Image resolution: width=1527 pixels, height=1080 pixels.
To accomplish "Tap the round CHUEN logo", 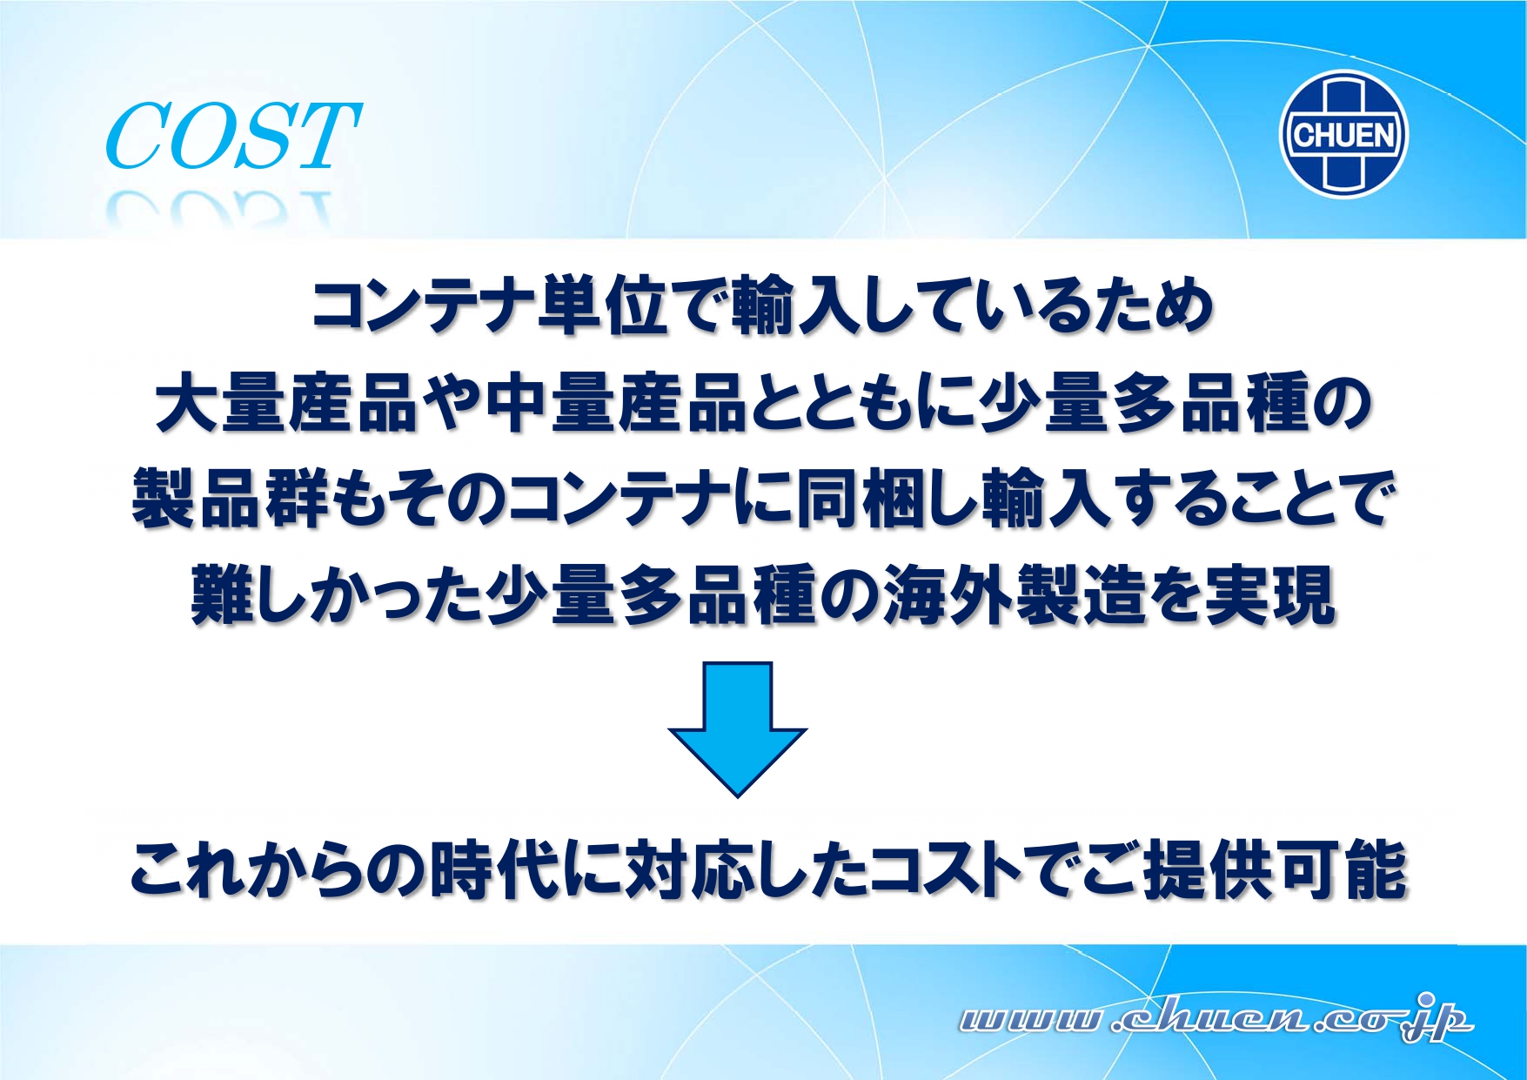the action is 1344,134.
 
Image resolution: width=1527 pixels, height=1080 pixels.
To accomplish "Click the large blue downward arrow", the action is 737,729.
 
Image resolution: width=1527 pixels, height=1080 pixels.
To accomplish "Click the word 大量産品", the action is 287,404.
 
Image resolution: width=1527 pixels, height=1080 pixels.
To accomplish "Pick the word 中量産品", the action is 616,404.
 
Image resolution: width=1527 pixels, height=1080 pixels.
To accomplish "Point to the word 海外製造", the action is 1014,595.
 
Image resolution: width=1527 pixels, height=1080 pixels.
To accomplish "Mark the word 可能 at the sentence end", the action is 1343,869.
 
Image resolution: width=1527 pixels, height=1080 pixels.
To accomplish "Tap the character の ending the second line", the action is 1341,404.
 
